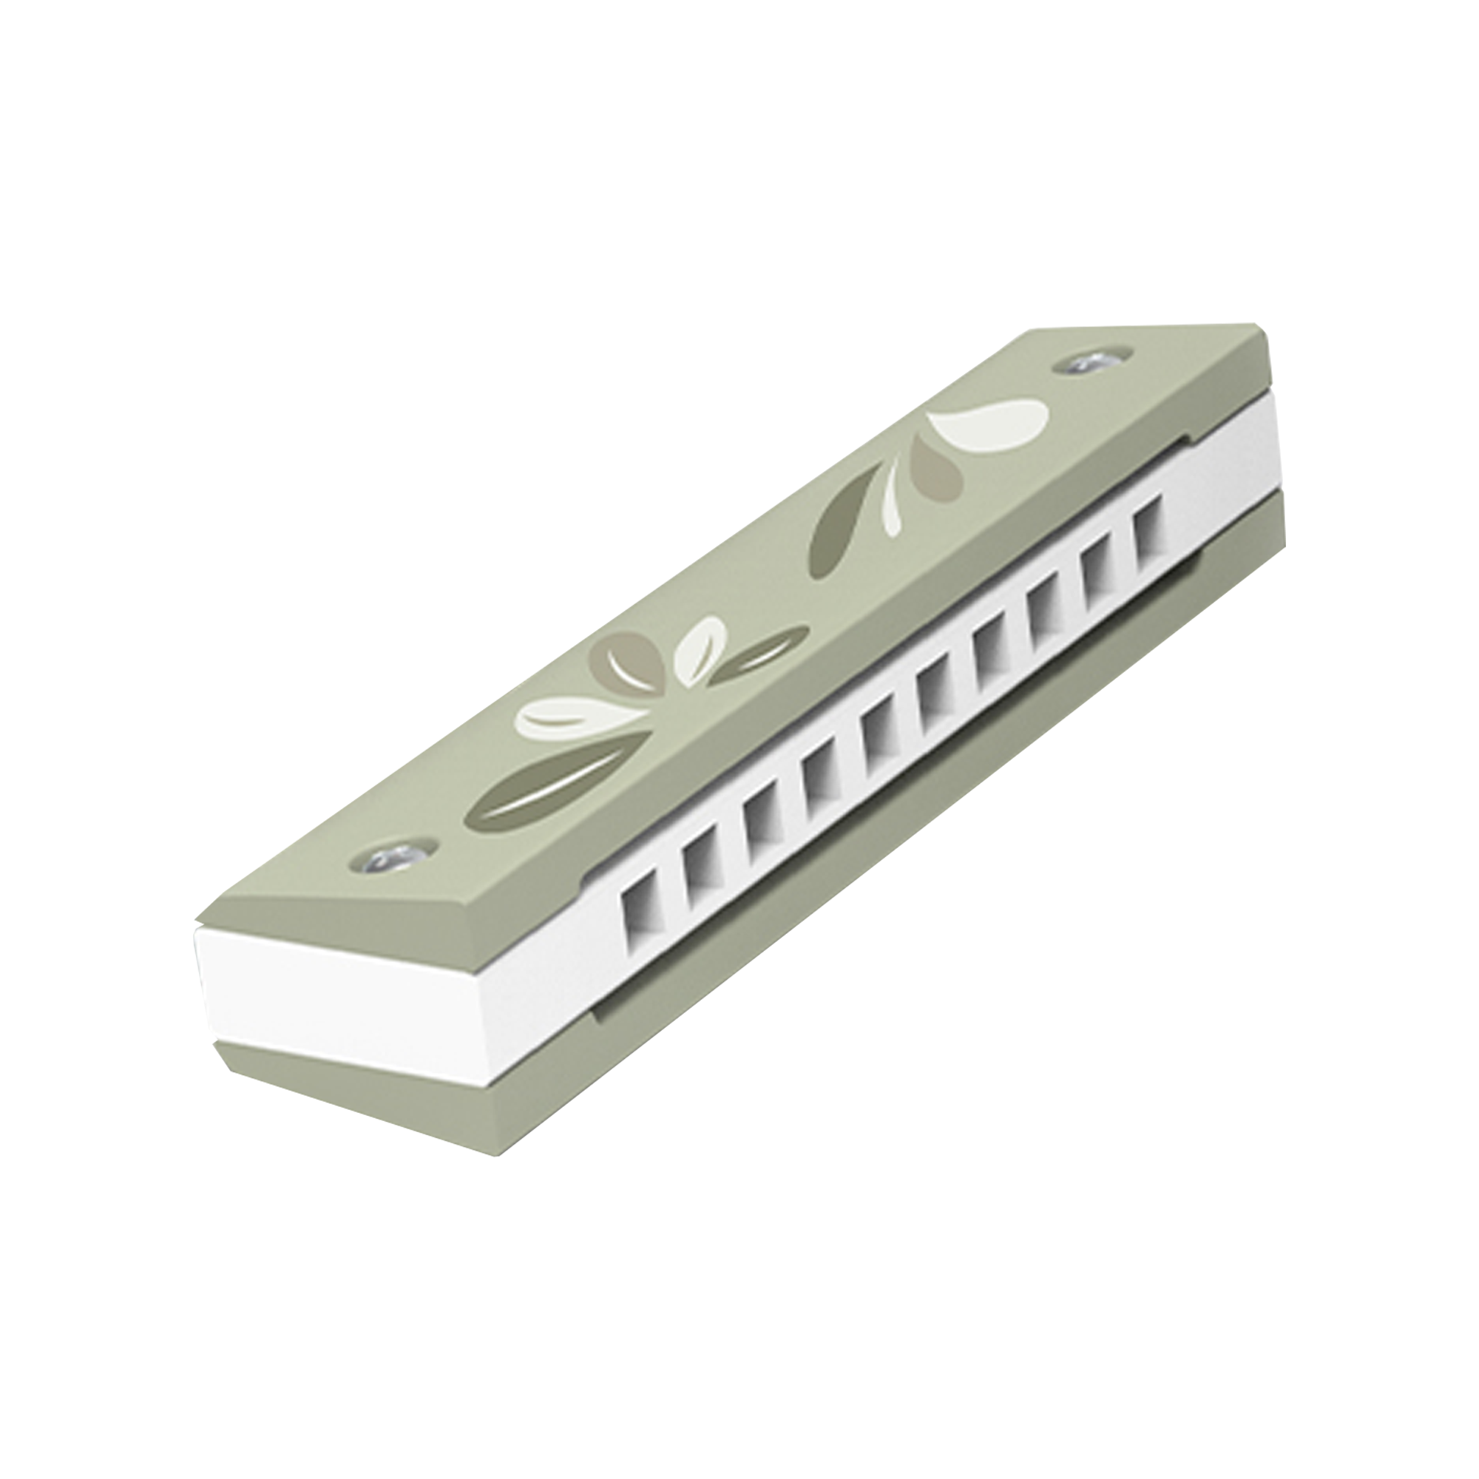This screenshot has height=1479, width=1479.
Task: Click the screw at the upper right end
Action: (1090, 364)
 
